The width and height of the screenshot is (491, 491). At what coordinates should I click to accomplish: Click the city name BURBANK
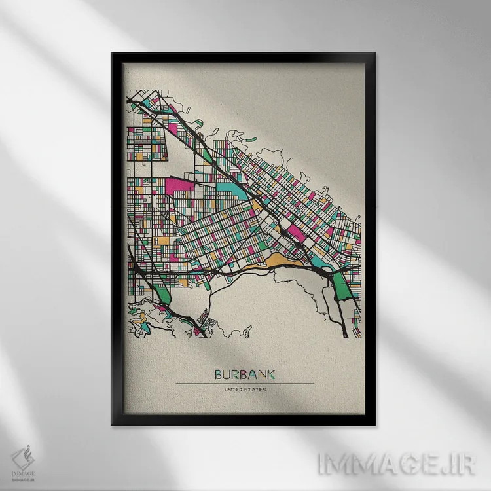pos(245,374)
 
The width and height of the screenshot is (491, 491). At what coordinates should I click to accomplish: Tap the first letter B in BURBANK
pos(219,374)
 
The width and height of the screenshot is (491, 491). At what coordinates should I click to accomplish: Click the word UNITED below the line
pos(233,390)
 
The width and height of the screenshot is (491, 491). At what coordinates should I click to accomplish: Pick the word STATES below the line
pos(255,390)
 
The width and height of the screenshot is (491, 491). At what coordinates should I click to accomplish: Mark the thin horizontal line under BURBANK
pos(245,383)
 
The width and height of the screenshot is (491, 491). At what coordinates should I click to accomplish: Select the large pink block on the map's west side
pos(180,185)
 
